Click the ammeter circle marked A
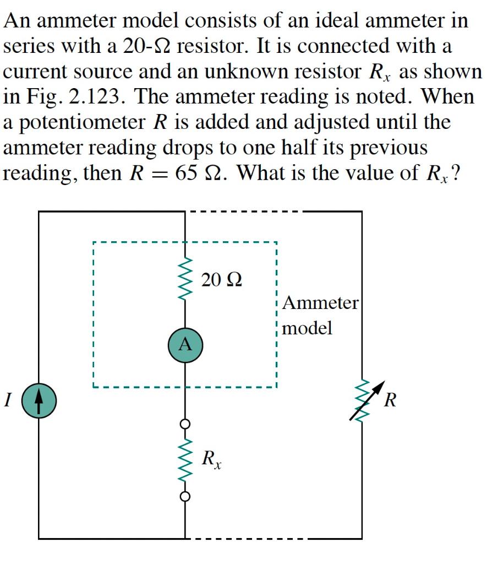[185, 345]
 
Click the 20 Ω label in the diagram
[221, 280]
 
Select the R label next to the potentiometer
[390, 399]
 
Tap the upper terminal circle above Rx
[185, 424]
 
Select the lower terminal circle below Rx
[185, 496]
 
